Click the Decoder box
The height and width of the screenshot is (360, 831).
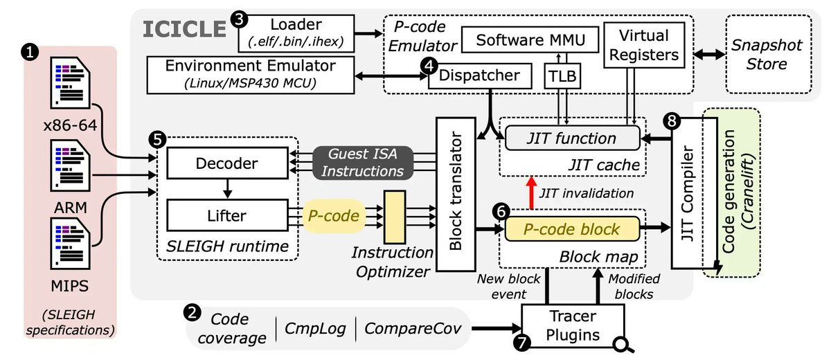(x=227, y=164)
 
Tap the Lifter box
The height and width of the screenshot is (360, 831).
(x=227, y=215)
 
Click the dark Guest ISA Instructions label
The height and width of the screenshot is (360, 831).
(x=363, y=161)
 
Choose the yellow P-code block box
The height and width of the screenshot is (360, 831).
(x=571, y=227)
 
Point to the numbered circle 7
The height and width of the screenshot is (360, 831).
(x=522, y=341)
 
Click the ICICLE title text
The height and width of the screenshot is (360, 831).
(x=184, y=28)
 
